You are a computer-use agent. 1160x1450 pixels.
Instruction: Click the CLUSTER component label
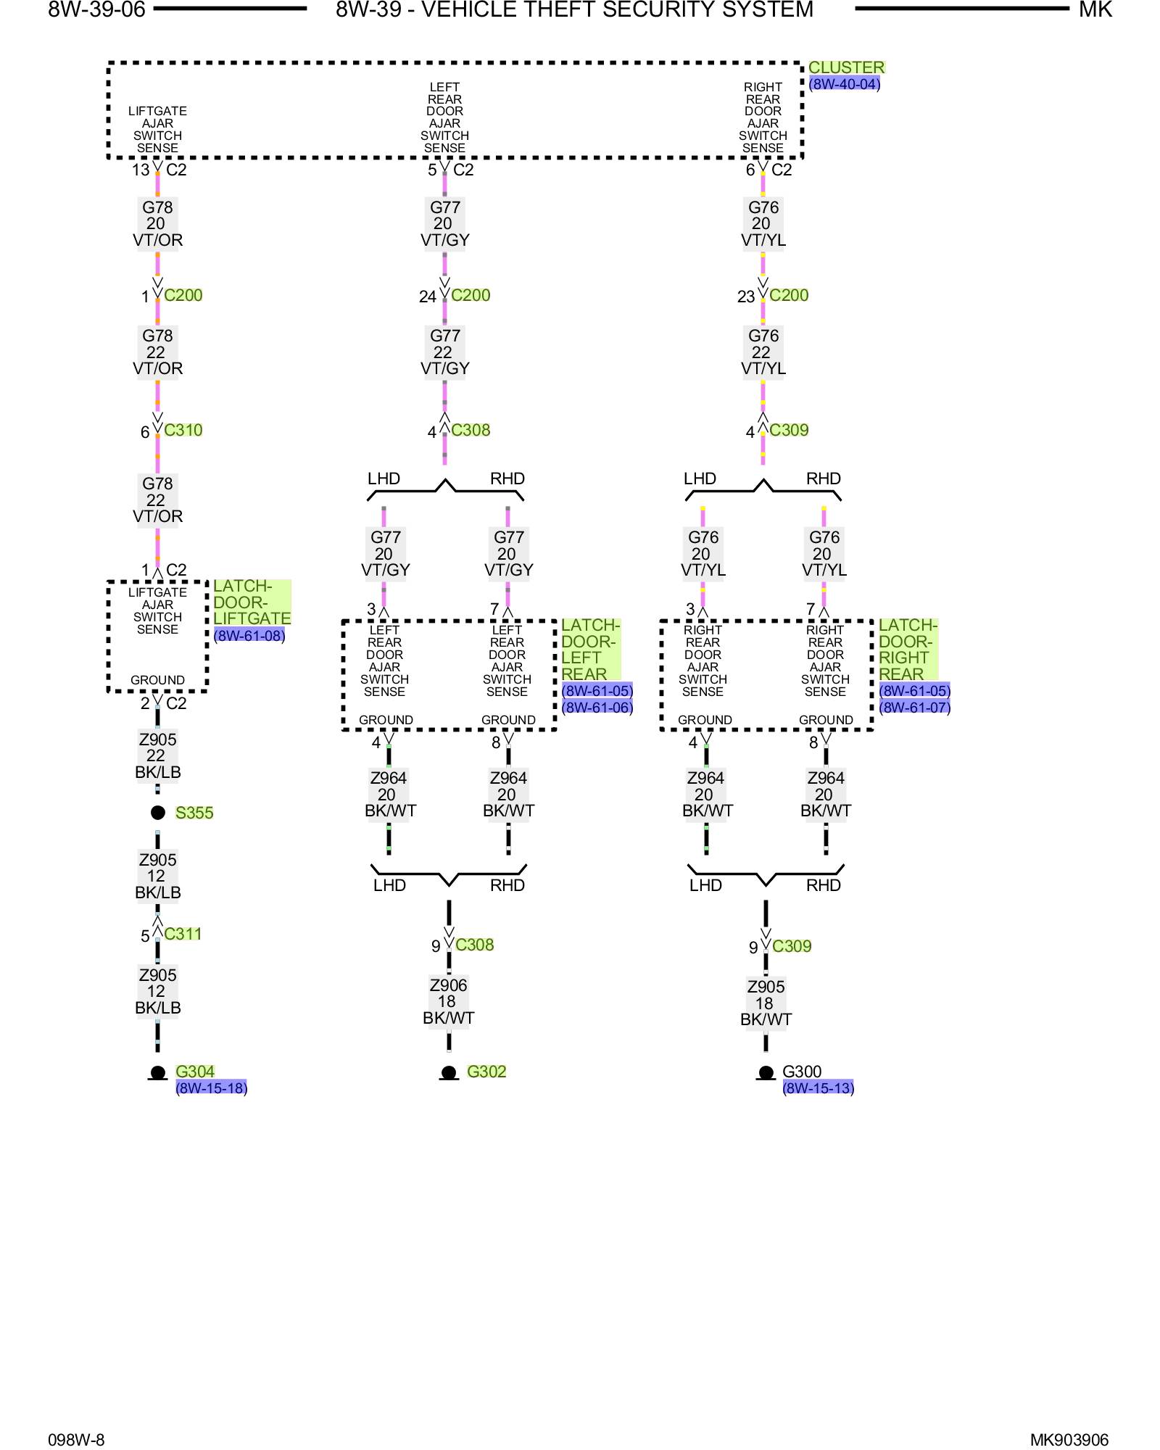(846, 67)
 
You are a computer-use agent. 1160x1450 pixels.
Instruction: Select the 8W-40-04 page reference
(845, 84)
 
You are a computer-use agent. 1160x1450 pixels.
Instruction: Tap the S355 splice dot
(158, 812)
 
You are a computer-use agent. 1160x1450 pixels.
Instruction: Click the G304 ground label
(195, 1072)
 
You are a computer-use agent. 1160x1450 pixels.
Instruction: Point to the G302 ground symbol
(449, 1073)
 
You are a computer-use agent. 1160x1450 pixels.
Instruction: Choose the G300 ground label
(802, 1072)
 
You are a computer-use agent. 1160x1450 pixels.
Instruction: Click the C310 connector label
(183, 430)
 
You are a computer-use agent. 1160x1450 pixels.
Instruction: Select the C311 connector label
(183, 934)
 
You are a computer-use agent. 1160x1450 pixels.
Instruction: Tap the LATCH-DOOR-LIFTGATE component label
(252, 602)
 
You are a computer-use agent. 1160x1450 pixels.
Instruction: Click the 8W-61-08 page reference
(249, 636)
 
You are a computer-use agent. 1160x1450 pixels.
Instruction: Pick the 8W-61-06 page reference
(597, 708)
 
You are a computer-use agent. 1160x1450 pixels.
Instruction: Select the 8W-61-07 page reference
(914, 708)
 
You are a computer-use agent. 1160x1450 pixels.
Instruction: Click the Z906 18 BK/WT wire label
(448, 1001)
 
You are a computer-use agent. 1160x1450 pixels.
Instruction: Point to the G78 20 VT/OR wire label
(157, 223)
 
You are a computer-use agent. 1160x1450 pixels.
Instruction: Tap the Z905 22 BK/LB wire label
(157, 756)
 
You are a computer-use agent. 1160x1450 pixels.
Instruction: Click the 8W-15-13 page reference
(819, 1087)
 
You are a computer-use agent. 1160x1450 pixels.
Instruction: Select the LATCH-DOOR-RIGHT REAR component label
(908, 650)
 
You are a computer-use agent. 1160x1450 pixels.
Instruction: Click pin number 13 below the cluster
(141, 170)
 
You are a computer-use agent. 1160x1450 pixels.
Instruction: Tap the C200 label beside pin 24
(471, 295)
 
